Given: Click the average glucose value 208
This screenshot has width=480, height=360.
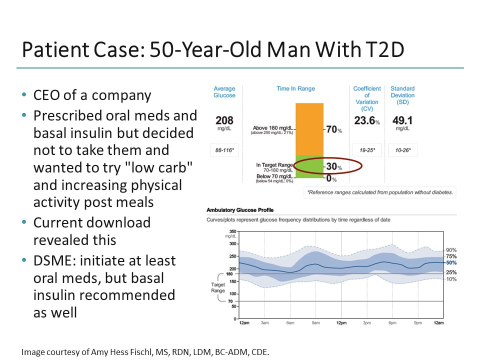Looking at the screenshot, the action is coord(224,121).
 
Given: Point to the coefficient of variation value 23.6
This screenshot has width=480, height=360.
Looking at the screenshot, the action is coord(366,121).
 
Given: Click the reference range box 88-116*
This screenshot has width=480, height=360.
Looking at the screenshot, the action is coord(224,151).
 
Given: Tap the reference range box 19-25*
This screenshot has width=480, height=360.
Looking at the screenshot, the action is coord(367,151).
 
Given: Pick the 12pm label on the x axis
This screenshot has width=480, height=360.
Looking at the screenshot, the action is coord(341,323).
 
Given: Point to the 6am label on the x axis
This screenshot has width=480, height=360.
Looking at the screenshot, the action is coord(290,323).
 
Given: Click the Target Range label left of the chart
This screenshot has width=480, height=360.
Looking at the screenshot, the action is coord(218,287).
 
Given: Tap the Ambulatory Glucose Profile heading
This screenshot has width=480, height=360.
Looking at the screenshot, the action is coord(240,210).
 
